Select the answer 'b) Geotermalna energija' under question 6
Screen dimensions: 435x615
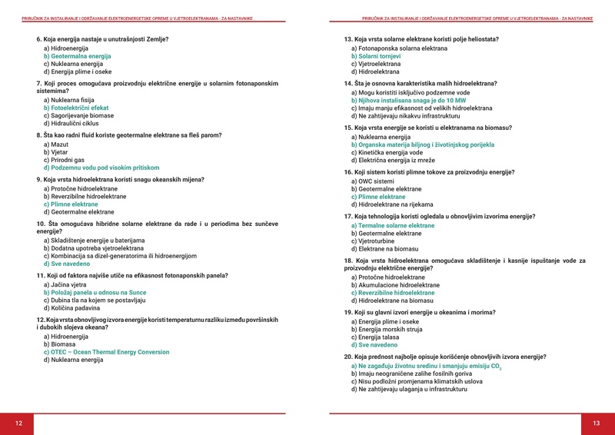pos(78,56)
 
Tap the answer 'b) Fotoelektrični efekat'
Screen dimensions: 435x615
pos(76,108)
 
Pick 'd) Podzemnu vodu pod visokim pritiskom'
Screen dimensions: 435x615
pos(101,168)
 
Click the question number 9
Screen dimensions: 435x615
pos(40,179)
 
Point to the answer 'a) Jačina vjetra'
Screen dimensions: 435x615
pos(68,285)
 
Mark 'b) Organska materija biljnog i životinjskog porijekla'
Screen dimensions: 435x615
pos(422,144)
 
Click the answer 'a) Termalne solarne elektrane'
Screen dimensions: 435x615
pos(392,225)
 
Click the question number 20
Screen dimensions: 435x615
pos(348,357)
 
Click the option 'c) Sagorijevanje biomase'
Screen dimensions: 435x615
pos(80,115)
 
